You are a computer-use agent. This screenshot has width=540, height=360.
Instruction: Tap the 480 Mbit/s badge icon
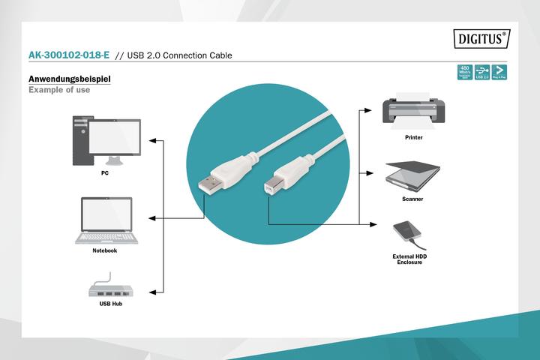point(464,73)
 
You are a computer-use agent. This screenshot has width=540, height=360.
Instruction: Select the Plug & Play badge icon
point(499,73)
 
